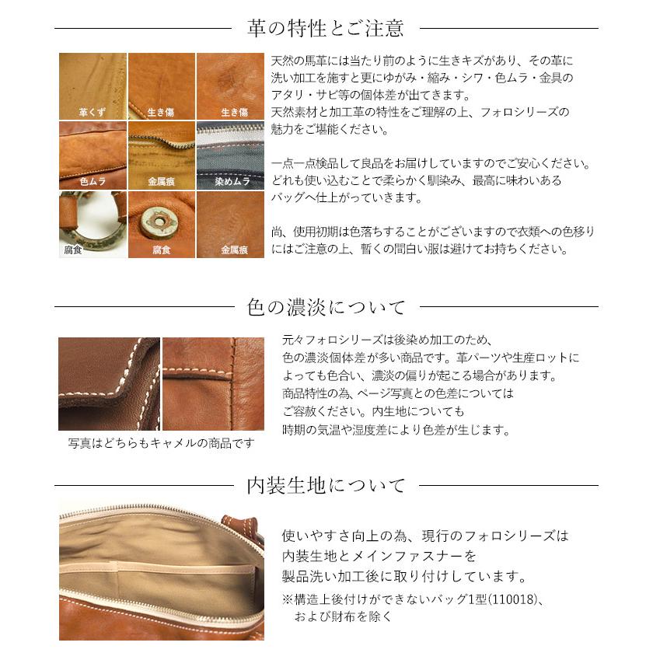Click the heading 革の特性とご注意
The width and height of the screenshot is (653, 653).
[326, 29]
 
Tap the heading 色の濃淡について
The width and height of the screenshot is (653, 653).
[326, 308]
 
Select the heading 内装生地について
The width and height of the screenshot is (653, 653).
[326, 487]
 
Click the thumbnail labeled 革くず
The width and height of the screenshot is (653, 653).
[93, 86]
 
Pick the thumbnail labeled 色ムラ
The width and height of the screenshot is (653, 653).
[93, 155]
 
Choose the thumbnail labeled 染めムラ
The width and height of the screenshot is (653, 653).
[231, 155]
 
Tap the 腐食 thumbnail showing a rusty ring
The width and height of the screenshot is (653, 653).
[93, 224]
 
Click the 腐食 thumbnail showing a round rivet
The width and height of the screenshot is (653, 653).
[161, 224]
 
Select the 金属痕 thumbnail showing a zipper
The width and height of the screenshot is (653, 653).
[161, 155]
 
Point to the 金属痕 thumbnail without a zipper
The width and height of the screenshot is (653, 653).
[231, 224]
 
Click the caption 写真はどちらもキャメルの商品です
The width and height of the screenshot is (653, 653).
[161, 444]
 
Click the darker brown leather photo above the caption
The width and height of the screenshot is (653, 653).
[109, 383]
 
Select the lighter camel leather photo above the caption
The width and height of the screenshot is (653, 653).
[213, 383]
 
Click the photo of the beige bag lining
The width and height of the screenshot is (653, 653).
[161, 571]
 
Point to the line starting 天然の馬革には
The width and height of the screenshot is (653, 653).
[422, 61]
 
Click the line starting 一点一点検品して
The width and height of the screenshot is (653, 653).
[431, 165]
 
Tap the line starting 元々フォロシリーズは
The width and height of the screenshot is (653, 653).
[389, 340]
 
